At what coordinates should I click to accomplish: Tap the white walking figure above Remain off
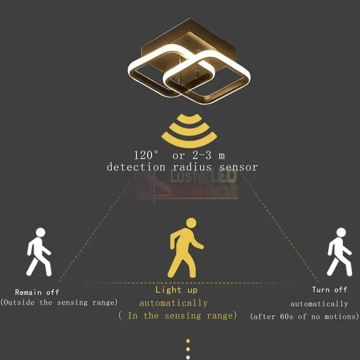pyautogui.click(x=39, y=252)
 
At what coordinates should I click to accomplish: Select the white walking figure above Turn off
pyautogui.click(x=339, y=252)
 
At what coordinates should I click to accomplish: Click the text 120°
pyautogui.click(x=146, y=156)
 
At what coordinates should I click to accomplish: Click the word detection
pyautogui.click(x=136, y=167)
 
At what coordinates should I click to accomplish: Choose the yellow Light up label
pyautogui.click(x=176, y=290)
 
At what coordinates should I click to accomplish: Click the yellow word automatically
pyautogui.click(x=174, y=303)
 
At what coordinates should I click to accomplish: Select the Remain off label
pyautogui.click(x=37, y=292)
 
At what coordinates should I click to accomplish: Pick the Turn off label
pyautogui.click(x=329, y=290)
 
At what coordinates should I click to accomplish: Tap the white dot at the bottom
pyautogui.click(x=188, y=357)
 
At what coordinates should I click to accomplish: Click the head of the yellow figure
pyautogui.click(x=191, y=223)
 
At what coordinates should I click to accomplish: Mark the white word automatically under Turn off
pyautogui.click(x=319, y=304)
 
